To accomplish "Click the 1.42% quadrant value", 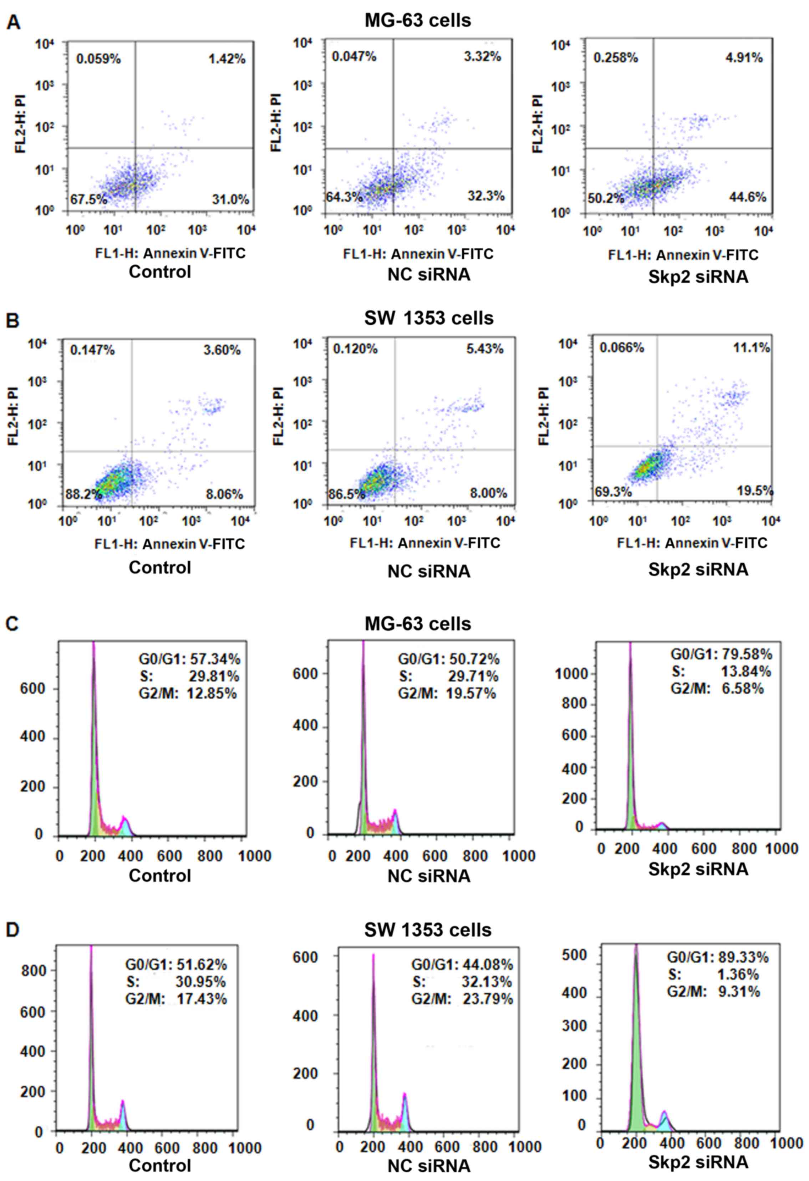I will click(227, 59).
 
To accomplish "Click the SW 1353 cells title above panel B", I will click(428, 319).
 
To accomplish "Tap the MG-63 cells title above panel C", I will click(418, 624).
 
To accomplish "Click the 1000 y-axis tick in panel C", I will click(571, 674).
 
